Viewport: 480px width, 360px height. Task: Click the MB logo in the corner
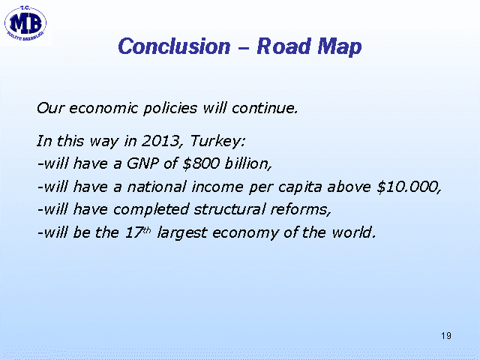(25, 23)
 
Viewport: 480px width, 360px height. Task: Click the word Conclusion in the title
(174, 46)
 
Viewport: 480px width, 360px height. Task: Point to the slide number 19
(446, 336)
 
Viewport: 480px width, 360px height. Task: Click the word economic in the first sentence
(103, 108)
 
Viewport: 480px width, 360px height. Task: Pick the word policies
(170, 109)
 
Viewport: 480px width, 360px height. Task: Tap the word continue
(265, 108)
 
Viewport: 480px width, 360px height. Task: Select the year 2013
(161, 141)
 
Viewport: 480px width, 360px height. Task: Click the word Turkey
(217, 142)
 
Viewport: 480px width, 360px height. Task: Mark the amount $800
(201, 163)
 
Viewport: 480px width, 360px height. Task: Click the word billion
(248, 163)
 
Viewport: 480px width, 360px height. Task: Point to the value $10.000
(409, 187)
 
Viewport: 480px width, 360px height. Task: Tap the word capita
(300, 187)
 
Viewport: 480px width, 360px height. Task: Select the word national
(157, 187)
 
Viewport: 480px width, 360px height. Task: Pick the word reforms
(301, 210)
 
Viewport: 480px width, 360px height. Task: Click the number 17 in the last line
(134, 232)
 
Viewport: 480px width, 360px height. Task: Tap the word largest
(182, 233)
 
